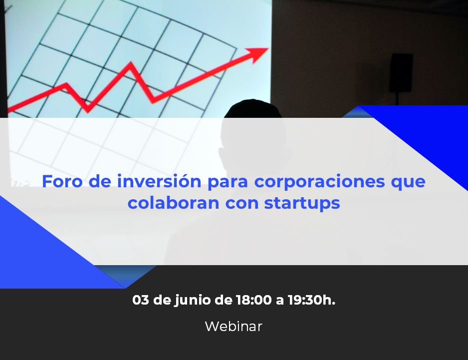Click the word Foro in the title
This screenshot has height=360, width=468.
click(x=62, y=181)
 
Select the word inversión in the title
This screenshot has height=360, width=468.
click(x=159, y=181)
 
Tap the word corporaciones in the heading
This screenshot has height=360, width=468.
click(x=319, y=182)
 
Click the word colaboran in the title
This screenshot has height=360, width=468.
click(x=174, y=203)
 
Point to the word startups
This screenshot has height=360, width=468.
click(x=302, y=204)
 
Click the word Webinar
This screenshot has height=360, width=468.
click(x=234, y=326)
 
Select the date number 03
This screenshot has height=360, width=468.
click(x=141, y=300)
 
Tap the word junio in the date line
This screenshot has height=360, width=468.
click(x=193, y=301)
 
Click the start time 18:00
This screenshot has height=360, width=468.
click(x=254, y=300)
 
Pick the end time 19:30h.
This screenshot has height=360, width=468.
click(x=312, y=300)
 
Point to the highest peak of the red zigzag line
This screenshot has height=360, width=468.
click(x=130, y=63)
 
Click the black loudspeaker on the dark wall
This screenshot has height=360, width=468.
click(x=401, y=72)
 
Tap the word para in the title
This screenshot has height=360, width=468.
click(x=228, y=183)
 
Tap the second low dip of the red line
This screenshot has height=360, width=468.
click(x=153, y=101)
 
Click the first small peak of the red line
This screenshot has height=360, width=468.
click(x=65, y=84)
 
